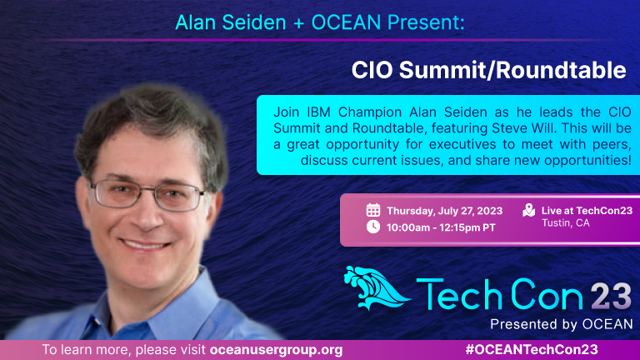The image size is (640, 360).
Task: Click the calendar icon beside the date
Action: point(373,210)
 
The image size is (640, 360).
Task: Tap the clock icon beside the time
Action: point(373,227)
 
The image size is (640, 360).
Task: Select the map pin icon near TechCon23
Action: point(529,210)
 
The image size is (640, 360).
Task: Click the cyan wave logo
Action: point(377,288)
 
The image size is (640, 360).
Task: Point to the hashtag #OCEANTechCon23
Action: point(532,350)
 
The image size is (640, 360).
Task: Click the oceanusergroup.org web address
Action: point(277,350)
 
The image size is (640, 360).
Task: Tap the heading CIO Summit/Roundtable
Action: point(488,70)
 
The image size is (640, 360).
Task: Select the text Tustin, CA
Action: point(565,223)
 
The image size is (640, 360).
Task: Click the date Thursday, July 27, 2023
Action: point(444,211)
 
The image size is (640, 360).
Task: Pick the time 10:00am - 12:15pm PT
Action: point(441,227)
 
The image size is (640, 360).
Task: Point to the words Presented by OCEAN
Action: point(561,324)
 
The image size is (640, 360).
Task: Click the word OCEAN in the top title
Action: point(346,22)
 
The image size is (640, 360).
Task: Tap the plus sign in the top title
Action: point(299,23)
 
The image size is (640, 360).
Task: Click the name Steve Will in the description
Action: point(523,128)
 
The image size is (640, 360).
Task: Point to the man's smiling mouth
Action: point(145,245)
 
